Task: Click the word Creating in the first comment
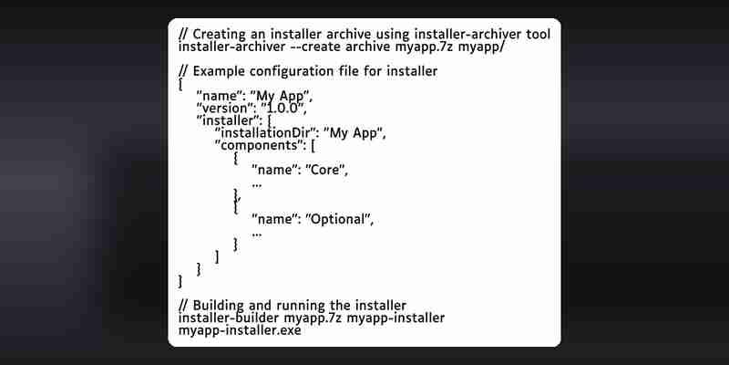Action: (220, 35)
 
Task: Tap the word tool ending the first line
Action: (538, 35)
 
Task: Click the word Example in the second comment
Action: (219, 72)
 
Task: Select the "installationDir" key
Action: (265, 133)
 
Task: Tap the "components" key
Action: (258, 146)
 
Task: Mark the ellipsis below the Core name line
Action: (257, 186)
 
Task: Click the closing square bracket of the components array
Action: (218, 257)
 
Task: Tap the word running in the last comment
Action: (296, 306)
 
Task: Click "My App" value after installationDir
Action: (355, 133)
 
